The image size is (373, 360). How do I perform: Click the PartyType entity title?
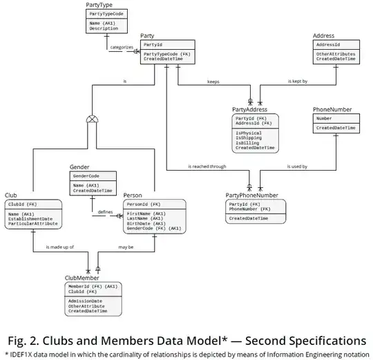click(99, 5)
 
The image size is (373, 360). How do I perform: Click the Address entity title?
click(324, 35)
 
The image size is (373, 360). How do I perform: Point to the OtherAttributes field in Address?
click(336, 53)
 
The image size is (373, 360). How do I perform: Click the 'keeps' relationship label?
click(214, 82)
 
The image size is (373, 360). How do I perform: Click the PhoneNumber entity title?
click(332, 109)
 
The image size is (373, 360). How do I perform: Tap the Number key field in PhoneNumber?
click(325, 118)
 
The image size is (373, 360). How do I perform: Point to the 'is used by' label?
click(297, 167)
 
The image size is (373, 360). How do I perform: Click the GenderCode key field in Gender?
click(86, 176)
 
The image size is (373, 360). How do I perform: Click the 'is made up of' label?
click(59, 247)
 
